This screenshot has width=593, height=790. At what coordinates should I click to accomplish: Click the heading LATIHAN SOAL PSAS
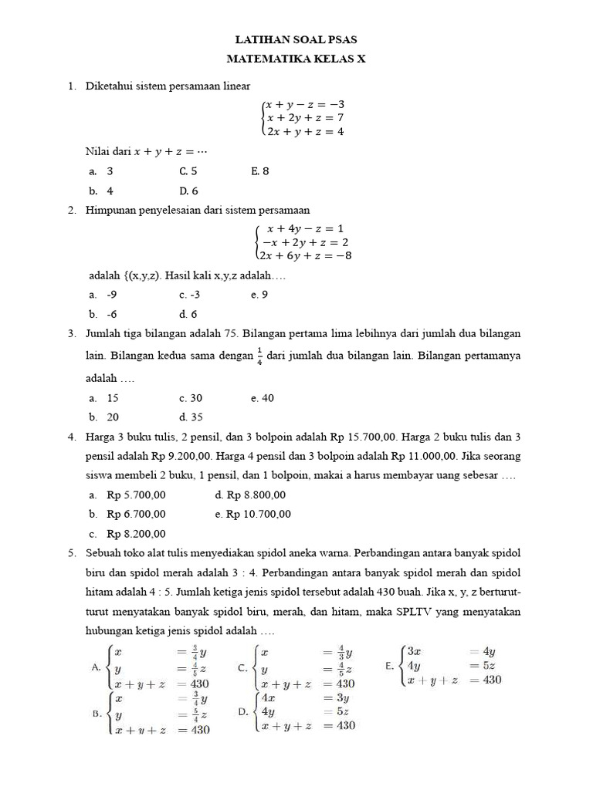(296, 39)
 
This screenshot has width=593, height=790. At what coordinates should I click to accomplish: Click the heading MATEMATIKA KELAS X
(296, 58)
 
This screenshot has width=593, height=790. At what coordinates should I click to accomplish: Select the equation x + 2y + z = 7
(304, 118)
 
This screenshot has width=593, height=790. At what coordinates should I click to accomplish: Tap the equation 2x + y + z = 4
(304, 132)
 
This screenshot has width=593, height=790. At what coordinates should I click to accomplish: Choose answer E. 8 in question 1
(259, 171)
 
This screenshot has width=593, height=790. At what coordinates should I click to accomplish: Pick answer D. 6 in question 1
(188, 191)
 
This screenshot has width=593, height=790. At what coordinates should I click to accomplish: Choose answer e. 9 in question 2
(259, 295)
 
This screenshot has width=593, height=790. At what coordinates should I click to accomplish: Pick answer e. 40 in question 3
(262, 398)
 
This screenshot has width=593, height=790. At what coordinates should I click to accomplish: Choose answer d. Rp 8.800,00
(250, 495)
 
